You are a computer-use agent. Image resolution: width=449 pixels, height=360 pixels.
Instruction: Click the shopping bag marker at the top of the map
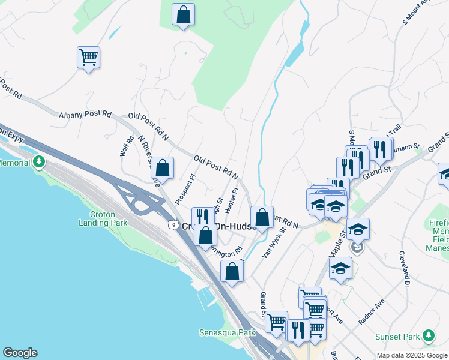click(183, 15)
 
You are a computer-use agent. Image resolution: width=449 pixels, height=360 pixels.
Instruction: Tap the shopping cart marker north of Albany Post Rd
click(88, 58)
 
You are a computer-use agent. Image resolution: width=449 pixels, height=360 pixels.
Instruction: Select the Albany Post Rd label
click(85, 114)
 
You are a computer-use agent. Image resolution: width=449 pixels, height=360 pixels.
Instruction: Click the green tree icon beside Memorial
click(39, 162)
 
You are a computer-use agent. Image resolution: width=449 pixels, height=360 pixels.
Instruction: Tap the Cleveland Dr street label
click(403, 268)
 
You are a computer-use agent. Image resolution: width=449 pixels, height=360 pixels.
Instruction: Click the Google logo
click(20, 353)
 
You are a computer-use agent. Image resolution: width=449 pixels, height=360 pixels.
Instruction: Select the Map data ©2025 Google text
click(412, 355)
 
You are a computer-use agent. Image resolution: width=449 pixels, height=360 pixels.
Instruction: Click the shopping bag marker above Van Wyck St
click(262, 217)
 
